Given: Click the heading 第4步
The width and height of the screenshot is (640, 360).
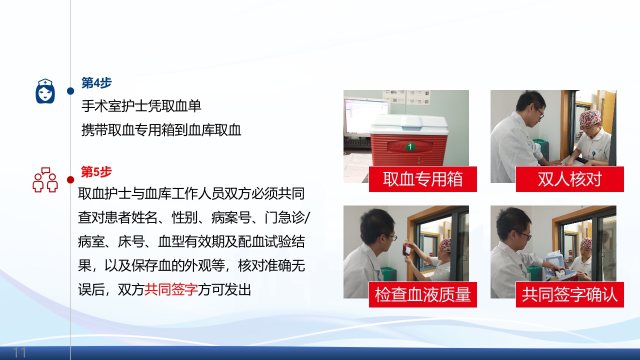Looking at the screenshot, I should click(96, 83).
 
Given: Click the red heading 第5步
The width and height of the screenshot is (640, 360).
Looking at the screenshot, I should click(96, 172).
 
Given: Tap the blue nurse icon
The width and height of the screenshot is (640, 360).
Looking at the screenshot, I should click(45, 91).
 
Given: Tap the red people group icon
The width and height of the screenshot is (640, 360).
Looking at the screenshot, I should click(45, 180).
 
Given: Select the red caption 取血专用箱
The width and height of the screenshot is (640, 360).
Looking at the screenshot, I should click(422, 179).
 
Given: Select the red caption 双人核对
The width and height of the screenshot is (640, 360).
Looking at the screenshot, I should click(569, 179).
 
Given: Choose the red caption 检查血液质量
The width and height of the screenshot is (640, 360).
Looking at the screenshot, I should click(422, 294).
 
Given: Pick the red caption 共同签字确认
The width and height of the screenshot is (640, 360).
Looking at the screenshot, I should click(569, 294).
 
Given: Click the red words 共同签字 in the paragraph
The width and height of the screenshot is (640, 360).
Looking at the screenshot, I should click(171, 289).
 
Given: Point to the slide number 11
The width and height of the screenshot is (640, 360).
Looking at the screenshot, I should click(19, 353).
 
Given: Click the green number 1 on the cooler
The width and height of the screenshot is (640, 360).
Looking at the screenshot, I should click(410, 146).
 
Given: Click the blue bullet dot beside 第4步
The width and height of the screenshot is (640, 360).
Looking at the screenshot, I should click(70, 91).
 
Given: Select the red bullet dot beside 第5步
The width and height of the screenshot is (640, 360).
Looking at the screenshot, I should click(70, 179).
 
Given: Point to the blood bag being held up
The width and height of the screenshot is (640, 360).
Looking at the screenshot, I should click(407, 249).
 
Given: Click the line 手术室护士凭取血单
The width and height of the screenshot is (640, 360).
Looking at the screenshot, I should click(141, 106).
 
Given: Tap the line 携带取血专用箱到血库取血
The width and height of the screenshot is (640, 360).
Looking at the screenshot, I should click(161, 130).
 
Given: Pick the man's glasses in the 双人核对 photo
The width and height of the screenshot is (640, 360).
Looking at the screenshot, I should click(539, 112).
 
